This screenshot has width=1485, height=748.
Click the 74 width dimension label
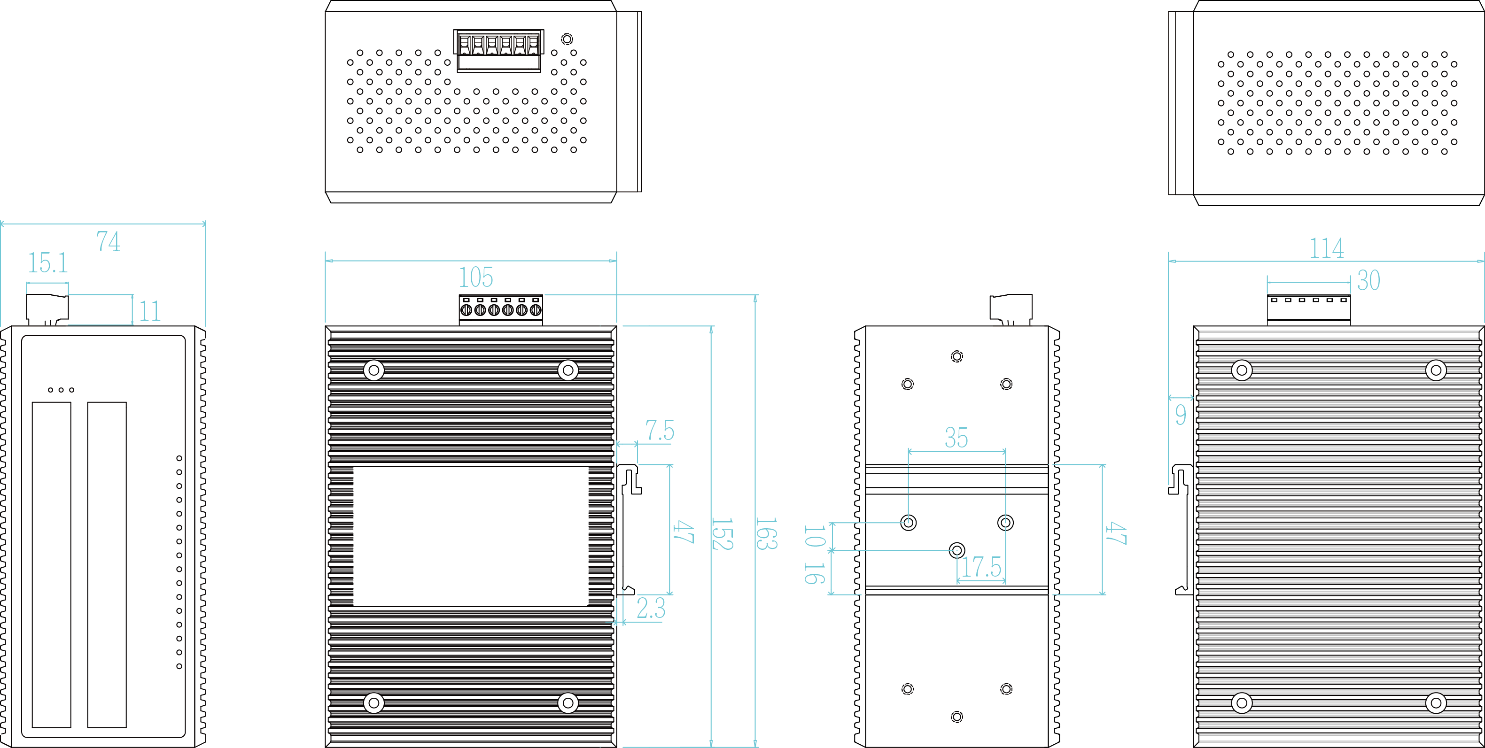point(109,241)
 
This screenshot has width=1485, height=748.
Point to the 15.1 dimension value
point(48,263)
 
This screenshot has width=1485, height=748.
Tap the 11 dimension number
point(150,311)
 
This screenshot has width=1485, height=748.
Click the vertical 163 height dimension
point(766,533)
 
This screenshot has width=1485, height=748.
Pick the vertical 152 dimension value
point(722,533)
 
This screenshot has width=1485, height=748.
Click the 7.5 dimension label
point(660,431)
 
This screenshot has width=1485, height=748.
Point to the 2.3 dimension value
point(651,608)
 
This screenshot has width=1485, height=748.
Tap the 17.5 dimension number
point(981,567)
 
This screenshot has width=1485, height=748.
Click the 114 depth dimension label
point(1327,248)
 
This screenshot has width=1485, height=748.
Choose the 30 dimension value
point(1368,281)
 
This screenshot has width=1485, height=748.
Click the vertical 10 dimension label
point(814,536)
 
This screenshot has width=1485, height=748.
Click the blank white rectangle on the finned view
point(470,536)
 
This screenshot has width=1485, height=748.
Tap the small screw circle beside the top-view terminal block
point(567,39)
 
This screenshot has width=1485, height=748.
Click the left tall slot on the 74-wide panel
point(51,564)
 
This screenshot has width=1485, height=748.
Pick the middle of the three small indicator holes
point(61,390)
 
